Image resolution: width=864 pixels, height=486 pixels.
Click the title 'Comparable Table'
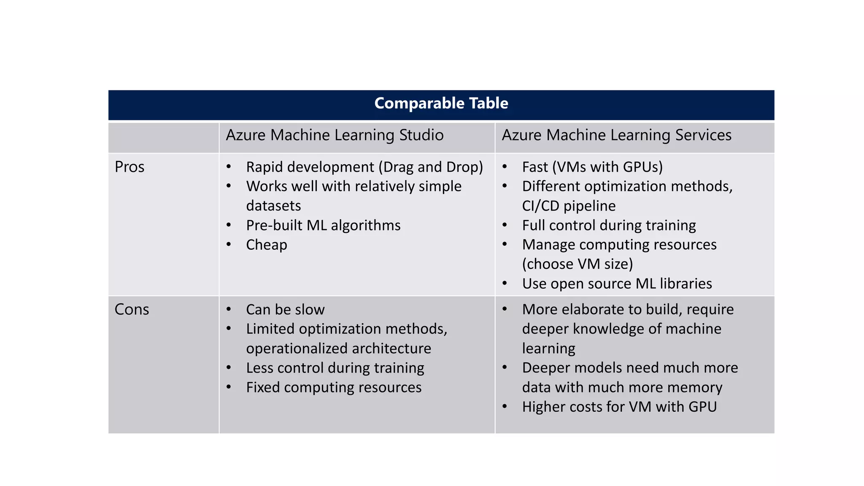click(441, 103)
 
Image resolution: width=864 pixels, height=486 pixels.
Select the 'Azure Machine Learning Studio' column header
click(335, 135)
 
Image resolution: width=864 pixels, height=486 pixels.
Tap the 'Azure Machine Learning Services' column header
click(616, 135)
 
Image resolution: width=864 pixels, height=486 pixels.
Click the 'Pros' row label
click(130, 167)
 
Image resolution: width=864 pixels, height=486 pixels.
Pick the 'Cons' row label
click(132, 310)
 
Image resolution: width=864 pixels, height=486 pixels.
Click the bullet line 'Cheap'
click(267, 245)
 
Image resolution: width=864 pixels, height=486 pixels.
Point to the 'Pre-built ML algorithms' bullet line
click(323, 226)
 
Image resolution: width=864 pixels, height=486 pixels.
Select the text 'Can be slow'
click(285, 310)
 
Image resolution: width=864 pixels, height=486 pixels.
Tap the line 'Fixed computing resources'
click(334, 388)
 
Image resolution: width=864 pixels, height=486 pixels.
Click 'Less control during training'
click(335, 368)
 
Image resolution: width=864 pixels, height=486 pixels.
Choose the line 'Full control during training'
click(609, 226)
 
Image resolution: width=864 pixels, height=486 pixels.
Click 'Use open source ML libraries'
click(617, 284)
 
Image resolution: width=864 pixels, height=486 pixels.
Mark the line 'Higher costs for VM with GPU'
click(619, 407)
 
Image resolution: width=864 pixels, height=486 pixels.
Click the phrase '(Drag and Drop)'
click(431, 167)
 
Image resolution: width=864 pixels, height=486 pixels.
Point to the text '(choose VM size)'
click(578, 265)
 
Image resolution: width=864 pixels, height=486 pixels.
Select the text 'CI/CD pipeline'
click(569, 206)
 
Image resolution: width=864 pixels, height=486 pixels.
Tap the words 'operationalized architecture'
click(338, 349)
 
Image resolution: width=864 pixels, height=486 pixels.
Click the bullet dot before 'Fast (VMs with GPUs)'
click(505, 167)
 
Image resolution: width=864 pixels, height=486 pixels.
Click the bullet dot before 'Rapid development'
click(229, 167)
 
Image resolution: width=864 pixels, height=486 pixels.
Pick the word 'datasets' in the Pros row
click(273, 206)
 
